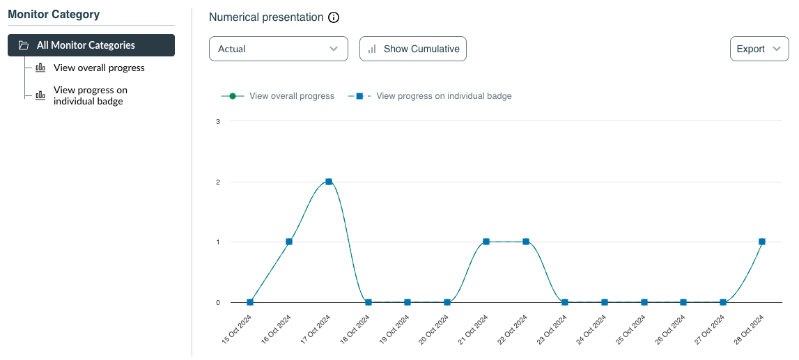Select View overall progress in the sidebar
99,68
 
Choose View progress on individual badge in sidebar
90,96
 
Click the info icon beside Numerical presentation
334,17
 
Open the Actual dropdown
278,49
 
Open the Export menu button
759,49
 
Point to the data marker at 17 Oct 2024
329,182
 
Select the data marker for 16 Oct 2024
289,242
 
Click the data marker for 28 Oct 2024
762,242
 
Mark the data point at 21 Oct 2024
486,242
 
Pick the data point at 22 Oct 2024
526,242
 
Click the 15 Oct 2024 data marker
250,302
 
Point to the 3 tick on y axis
218,122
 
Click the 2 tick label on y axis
218,182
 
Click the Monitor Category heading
54,15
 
